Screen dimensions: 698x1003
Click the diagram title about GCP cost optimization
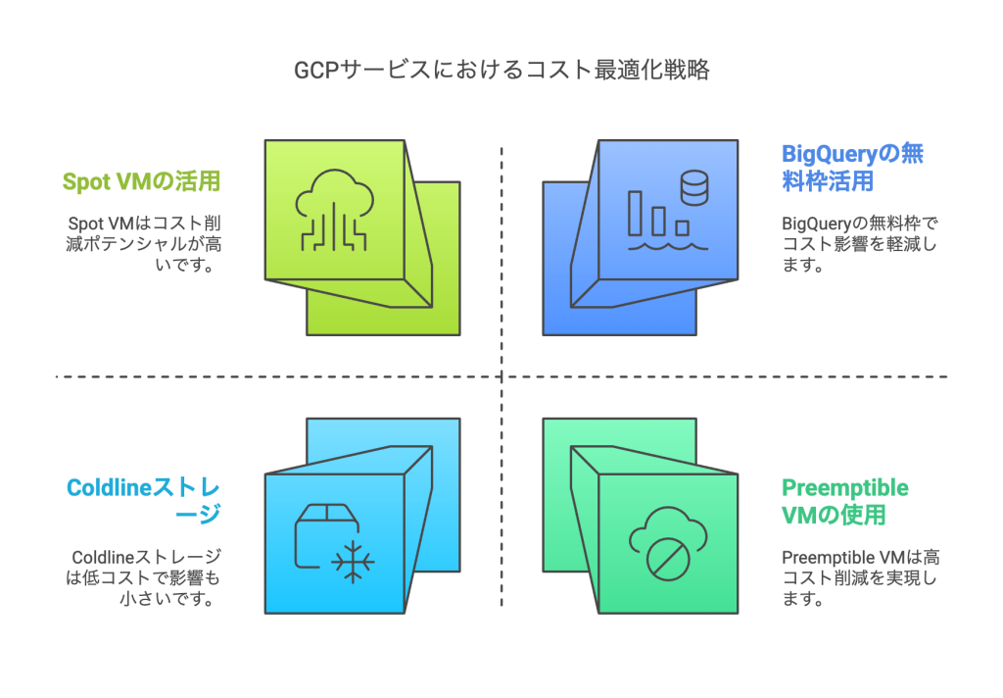point(501,71)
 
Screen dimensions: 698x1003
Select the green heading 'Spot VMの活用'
point(141,181)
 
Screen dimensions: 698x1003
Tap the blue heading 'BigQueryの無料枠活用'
point(853,168)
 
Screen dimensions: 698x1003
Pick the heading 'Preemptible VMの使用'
point(845,500)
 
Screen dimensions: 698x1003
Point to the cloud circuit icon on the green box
point(334,209)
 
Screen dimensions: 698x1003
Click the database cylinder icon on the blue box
point(693,187)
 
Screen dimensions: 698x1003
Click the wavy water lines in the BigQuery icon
point(667,247)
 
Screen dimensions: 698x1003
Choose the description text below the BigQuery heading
point(859,244)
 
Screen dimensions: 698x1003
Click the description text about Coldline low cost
point(143,577)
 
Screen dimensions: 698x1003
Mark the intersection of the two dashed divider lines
point(501,376)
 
